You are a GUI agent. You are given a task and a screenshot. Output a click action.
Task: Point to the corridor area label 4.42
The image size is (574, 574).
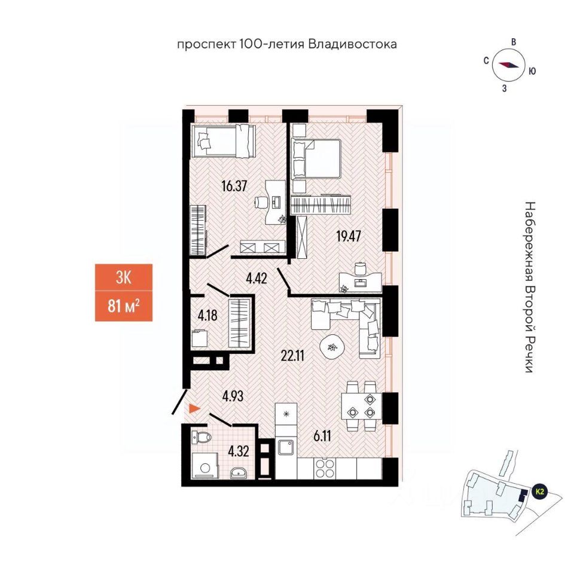(256, 277)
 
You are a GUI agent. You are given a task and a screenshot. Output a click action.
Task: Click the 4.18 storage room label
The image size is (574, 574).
(207, 315)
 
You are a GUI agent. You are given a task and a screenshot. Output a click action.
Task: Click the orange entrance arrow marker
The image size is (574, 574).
(194, 409)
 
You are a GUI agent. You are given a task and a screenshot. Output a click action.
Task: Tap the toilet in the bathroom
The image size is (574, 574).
(202, 437)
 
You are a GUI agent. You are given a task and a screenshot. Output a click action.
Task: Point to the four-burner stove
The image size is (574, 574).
(326, 467)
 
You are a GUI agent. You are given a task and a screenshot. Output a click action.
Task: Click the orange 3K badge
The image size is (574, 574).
(123, 277)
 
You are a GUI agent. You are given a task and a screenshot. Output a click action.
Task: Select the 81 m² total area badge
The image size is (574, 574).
(123, 307)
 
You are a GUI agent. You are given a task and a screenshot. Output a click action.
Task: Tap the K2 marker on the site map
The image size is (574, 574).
(540, 491)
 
